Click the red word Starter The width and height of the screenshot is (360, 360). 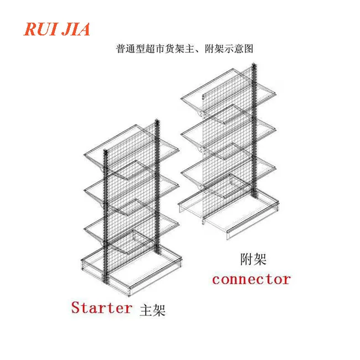(101, 307)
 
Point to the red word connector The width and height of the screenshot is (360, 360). (251, 279)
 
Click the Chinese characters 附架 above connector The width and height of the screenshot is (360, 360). (254, 258)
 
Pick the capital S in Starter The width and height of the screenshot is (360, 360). (76, 307)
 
